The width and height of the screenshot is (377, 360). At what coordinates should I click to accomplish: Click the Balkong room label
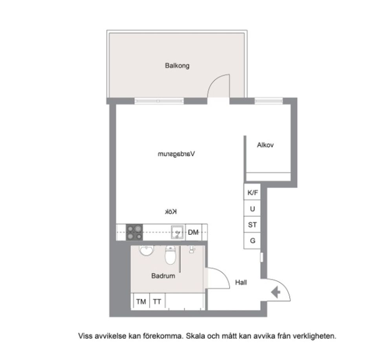click(x=177, y=66)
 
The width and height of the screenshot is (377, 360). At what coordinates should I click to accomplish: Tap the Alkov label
click(x=265, y=145)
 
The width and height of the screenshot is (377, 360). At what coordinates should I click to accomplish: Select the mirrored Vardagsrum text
click(x=176, y=154)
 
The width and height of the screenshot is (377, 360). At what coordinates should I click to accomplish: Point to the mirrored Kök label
click(x=171, y=212)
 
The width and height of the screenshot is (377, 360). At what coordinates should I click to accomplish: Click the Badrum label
click(x=163, y=276)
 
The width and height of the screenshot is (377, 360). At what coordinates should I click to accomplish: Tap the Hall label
click(x=241, y=282)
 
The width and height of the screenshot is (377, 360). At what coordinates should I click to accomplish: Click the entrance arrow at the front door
click(x=276, y=292)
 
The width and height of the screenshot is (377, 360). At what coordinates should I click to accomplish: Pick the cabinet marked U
click(x=252, y=208)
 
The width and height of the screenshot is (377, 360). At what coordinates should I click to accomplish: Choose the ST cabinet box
click(x=252, y=225)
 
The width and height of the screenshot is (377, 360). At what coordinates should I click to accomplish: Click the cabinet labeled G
click(x=252, y=241)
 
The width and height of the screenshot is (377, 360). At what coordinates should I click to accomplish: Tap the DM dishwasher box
click(x=194, y=232)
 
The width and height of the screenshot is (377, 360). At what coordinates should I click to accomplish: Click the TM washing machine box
click(x=141, y=302)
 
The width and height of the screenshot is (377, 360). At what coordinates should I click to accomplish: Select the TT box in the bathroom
click(x=157, y=302)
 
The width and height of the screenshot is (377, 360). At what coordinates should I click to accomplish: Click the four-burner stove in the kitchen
click(x=134, y=232)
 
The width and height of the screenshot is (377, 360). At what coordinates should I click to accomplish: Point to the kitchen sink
click(x=178, y=232)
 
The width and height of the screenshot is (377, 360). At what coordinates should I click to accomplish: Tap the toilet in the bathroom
click(x=170, y=255)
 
